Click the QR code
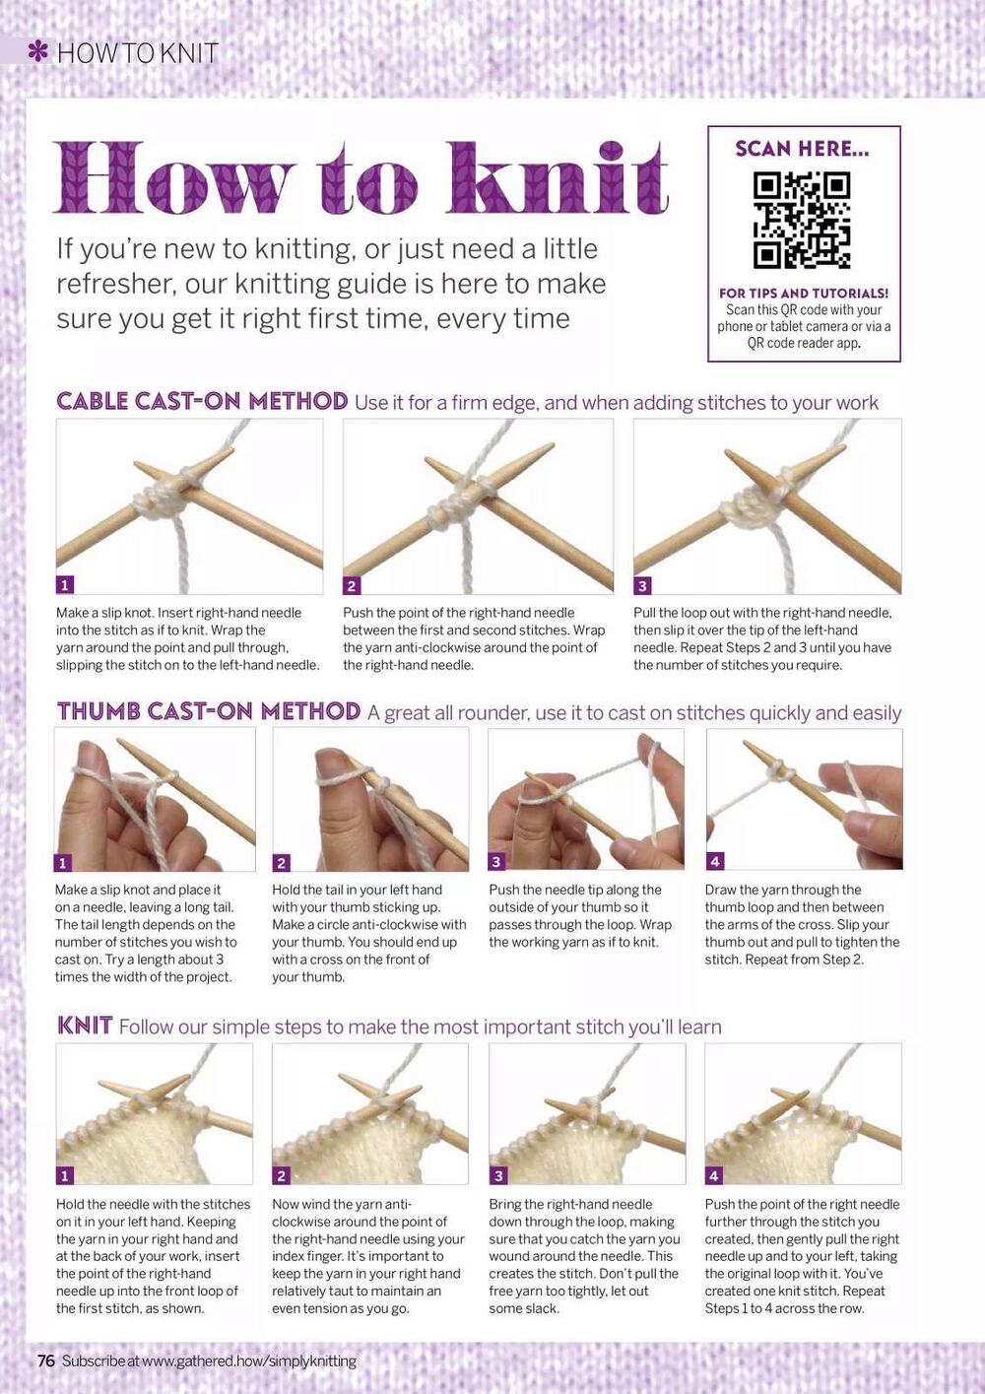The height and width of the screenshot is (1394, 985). coord(803,221)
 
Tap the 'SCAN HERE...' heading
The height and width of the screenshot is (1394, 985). coord(802,150)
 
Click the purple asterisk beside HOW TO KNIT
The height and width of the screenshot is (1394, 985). coord(38,51)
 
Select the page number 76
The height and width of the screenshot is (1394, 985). coord(46,1361)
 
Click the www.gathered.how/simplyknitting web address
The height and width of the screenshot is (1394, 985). coord(249,1361)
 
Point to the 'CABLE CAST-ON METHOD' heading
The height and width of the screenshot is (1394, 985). coord(202,401)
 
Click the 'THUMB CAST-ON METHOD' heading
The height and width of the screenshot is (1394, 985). coord(209,711)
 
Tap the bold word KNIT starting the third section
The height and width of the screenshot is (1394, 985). coord(85,1025)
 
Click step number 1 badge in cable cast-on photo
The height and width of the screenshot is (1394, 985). coord(65,585)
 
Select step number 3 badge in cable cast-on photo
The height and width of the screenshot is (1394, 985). coord(642,585)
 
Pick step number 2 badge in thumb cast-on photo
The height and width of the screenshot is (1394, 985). coord(282,863)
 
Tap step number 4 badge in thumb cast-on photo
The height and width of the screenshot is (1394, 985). coord(715,861)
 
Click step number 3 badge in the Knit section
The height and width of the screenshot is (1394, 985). coord(498,1175)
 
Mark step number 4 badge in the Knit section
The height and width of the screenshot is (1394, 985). coord(714,1175)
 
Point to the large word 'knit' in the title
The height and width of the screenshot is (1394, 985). coord(558,179)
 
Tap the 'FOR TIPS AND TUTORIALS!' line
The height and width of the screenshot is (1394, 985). coord(804,294)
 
